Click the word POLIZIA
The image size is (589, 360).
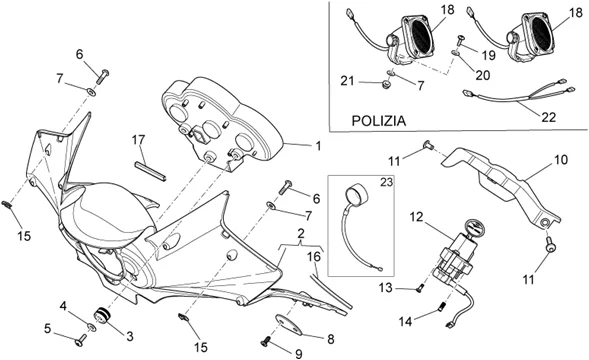379,121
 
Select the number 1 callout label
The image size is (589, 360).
318,146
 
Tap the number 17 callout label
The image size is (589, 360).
138,140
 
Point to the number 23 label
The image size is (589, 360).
386,182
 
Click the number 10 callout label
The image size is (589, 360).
561,160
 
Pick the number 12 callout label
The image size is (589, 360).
416,217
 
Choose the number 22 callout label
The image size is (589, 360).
548,117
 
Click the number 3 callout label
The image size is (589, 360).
130,336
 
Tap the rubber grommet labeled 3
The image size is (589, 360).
102,315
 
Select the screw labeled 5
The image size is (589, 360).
80,342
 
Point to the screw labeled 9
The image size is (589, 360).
265,342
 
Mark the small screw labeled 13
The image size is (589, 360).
420,289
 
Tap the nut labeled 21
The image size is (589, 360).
385,85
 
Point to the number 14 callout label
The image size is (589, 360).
405,322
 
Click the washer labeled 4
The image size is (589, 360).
91,327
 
